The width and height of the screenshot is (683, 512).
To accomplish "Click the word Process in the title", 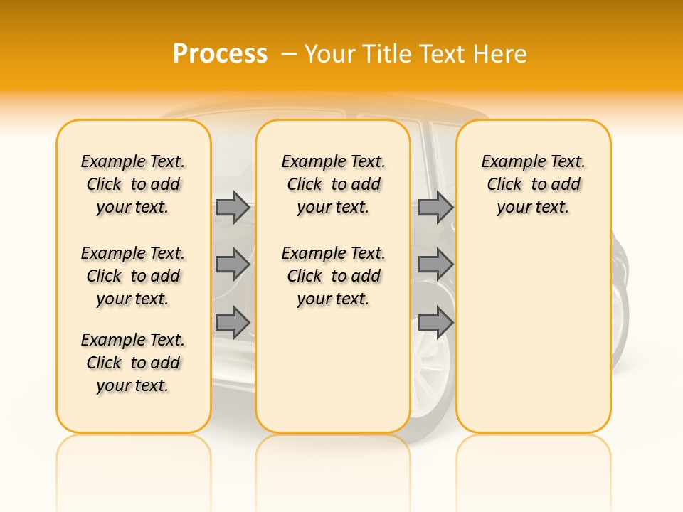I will [220, 54].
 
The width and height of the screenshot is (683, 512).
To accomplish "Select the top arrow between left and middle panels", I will [233, 208].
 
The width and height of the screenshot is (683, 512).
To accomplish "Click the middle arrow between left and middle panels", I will [233, 265].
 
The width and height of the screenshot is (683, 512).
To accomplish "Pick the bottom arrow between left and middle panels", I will [233, 322].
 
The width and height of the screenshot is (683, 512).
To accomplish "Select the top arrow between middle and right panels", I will [435, 208].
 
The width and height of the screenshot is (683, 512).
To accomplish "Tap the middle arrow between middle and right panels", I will [435, 265].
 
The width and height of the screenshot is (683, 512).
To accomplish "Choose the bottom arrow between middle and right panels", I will [435, 322].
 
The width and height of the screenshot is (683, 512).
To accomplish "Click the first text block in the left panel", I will [133, 184].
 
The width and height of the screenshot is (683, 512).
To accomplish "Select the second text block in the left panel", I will [133, 276].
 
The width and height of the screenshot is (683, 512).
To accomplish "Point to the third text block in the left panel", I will [133, 363].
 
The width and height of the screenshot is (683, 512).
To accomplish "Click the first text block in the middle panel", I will [334, 184].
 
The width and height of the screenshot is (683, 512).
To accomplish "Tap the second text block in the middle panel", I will [334, 276].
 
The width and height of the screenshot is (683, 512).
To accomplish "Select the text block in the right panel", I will [534, 184].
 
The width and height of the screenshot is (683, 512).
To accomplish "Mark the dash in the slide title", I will [289, 54].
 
